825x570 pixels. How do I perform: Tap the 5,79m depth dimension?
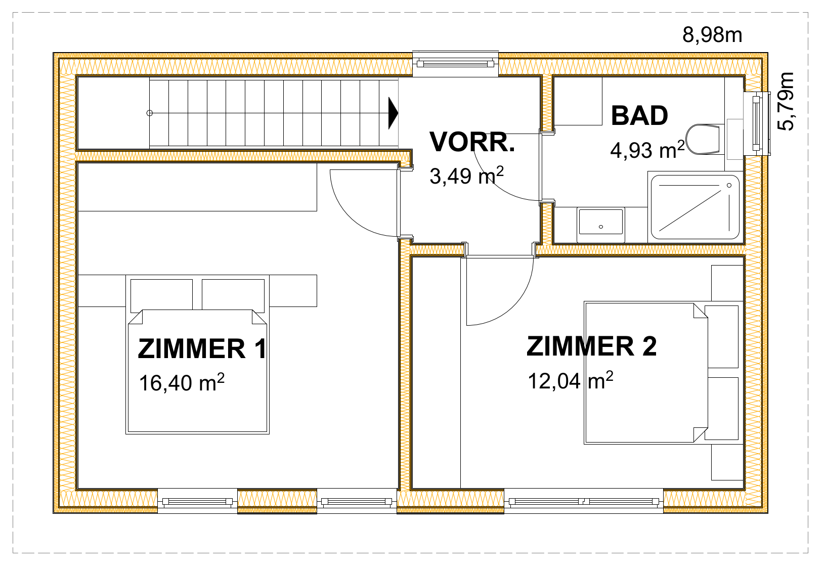tap(785, 101)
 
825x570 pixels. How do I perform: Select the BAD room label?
tap(639, 116)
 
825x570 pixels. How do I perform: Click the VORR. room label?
tap(472, 142)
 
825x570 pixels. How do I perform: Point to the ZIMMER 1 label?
tap(202, 348)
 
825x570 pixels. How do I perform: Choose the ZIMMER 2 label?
tap(591, 346)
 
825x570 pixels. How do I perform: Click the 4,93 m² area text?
tap(647, 150)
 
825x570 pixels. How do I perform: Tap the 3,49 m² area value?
tap(467, 176)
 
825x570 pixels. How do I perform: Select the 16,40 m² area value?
tap(182, 382)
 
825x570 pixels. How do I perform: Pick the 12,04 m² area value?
tap(571, 380)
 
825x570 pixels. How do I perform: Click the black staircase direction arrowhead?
tap(394, 113)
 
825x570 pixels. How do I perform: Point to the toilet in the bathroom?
tap(703, 139)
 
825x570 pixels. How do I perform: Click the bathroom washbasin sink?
tap(601, 222)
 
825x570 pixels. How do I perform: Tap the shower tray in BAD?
tap(695, 207)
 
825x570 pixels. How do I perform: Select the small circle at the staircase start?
tap(150, 113)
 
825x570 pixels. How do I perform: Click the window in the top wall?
tap(455, 64)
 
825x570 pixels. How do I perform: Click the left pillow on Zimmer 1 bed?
tap(161, 296)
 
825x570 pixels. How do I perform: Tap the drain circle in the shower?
tap(729, 186)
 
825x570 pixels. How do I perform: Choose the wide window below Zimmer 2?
tap(584, 501)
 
